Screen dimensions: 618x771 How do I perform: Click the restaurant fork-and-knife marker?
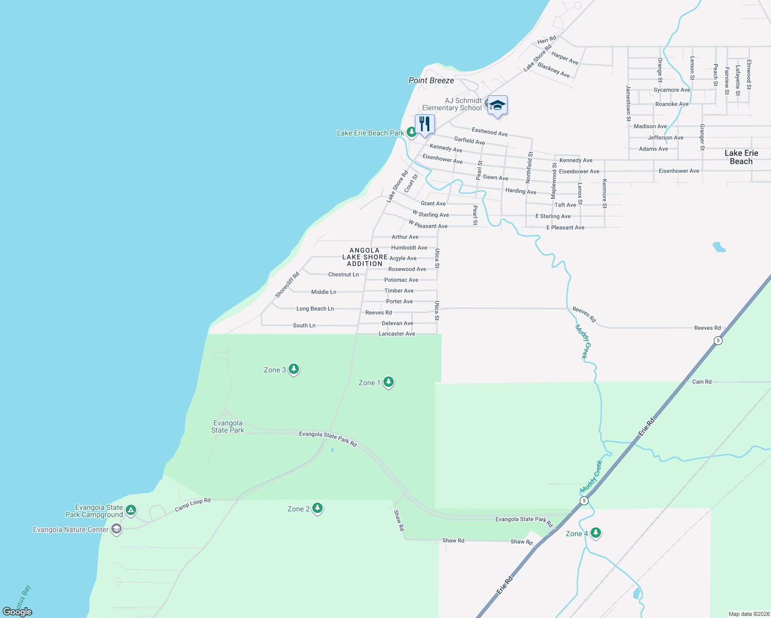click(x=425, y=124)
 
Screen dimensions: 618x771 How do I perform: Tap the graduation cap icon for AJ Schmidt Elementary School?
click(x=497, y=106)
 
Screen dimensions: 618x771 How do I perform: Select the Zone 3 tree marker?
click(x=294, y=369)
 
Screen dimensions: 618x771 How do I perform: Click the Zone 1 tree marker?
click(x=389, y=382)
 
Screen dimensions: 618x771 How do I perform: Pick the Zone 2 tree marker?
click(x=317, y=508)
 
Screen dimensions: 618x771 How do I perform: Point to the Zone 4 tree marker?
click(x=596, y=533)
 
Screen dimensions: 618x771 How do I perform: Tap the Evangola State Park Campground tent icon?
click(x=131, y=510)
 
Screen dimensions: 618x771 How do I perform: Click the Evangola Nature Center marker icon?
click(x=116, y=529)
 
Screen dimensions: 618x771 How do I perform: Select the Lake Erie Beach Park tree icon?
click(x=411, y=132)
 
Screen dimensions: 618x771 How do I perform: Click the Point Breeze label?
click(x=431, y=80)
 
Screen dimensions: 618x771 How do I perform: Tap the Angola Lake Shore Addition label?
click(x=365, y=257)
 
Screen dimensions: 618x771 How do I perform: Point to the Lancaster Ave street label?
click(x=397, y=334)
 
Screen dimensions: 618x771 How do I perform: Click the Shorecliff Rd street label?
click(x=287, y=285)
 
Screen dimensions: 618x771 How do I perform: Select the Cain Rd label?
click(x=701, y=382)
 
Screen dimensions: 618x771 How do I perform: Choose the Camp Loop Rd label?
click(x=193, y=504)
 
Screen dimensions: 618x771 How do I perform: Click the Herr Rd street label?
click(x=547, y=40)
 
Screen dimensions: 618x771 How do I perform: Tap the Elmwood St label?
click(x=749, y=75)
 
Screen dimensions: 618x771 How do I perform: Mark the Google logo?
click(x=18, y=612)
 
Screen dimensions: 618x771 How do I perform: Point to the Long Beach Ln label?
click(x=315, y=308)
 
